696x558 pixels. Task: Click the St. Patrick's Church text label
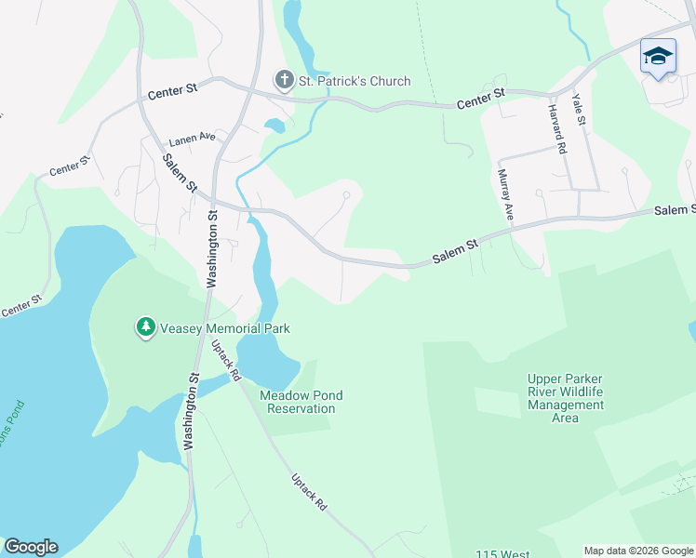pyautogui.click(x=355, y=81)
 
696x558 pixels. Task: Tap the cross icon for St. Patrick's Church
pyautogui.click(x=284, y=81)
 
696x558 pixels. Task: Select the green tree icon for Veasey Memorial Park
pyautogui.click(x=145, y=327)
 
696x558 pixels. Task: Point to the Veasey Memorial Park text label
pyautogui.click(x=225, y=328)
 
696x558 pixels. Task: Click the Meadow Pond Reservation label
pyautogui.click(x=301, y=402)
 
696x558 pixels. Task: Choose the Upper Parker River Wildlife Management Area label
pyautogui.click(x=565, y=398)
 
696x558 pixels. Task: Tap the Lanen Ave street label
pyautogui.click(x=192, y=139)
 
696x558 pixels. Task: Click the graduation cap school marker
pyautogui.click(x=658, y=58)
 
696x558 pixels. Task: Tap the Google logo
pyautogui.click(x=31, y=547)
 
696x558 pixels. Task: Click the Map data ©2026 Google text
pyautogui.click(x=638, y=551)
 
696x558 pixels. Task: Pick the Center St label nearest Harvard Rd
pyautogui.click(x=480, y=99)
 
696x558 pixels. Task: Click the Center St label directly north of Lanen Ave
pyautogui.click(x=173, y=91)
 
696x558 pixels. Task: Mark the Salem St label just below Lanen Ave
pyautogui.click(x=180, y=173)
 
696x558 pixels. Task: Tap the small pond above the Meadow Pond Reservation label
pyautogui.click(x=263, y=359)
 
